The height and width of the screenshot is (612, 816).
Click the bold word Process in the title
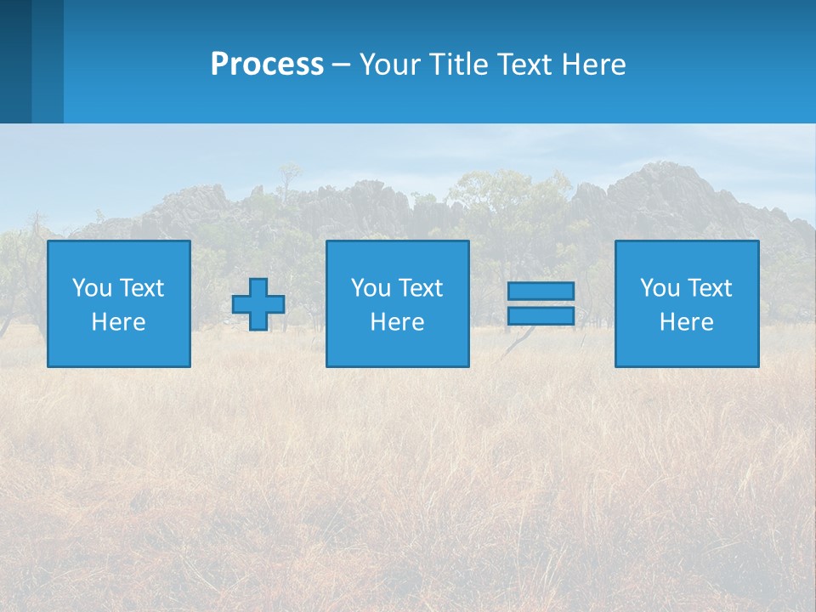coord(267,65)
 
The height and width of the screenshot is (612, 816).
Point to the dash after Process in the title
coord(342,65)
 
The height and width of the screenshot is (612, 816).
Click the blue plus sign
coord(258,304)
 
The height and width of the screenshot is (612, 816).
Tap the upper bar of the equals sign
coord(541,292)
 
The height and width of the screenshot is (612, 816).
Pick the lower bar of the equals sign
coord(541,315)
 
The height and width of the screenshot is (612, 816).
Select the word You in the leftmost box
coord(92,288)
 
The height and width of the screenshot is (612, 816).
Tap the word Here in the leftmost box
coord(118,322)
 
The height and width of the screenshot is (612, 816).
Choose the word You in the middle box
coord(371,288)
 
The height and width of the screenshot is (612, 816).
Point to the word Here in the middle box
coord(397,322)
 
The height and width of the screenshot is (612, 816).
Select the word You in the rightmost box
coord(660,288)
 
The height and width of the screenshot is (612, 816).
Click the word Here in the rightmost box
coord(686,322)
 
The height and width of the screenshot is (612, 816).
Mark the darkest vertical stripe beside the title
coord(15,61)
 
